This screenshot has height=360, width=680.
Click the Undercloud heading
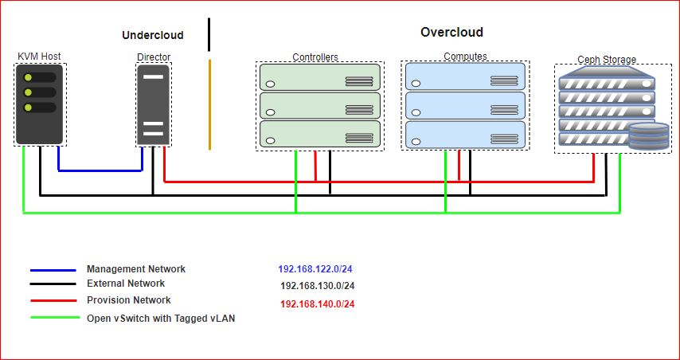tap(152, 35)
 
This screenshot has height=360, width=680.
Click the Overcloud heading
tap(451, 33)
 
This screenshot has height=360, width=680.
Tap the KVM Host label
tap(39, 57)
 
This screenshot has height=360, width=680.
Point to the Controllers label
tap(315, 57)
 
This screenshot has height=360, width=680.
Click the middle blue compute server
tap(465, 105)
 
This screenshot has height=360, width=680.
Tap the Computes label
tap(465, 57)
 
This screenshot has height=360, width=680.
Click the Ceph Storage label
tap(607, 60)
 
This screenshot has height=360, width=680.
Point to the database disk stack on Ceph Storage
tap(649, 137)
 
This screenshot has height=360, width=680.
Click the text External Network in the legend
tap(126, 284)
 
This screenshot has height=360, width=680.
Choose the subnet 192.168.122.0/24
tap(316, 270)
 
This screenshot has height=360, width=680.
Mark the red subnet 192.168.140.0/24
tap(318, 304)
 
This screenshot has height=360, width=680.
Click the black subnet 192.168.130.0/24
tap(318, 286)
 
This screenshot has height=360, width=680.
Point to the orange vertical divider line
tap(209, 104)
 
